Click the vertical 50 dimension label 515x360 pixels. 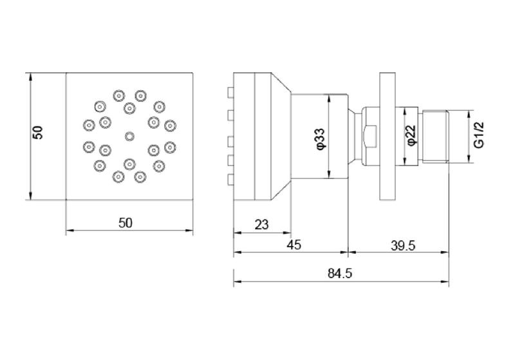coord(39,133)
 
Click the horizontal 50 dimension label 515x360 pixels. coord(126,223)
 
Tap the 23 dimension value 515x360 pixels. coord(262,225)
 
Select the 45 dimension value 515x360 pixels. coord(294,245)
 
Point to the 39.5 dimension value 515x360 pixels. coord(403,245)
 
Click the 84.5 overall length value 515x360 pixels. coord(340,273)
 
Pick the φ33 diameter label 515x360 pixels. coord(321,139)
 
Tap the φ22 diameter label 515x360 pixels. coord(411,135)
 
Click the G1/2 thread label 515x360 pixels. coord(479,135)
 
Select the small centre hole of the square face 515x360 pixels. coord(130,137)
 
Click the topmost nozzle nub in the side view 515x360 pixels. coord(230,91)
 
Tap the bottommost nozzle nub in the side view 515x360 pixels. coord(230,180)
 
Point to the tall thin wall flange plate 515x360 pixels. coord(388,137)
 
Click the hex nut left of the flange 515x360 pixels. coord(371,137)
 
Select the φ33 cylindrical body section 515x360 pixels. coord(319,137)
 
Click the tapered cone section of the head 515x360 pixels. coord(281,137)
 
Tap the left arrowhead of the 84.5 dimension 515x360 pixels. coord(237,281)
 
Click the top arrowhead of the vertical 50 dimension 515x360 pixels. coord(30,77)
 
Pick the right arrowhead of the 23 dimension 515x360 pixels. coord(288,233)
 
